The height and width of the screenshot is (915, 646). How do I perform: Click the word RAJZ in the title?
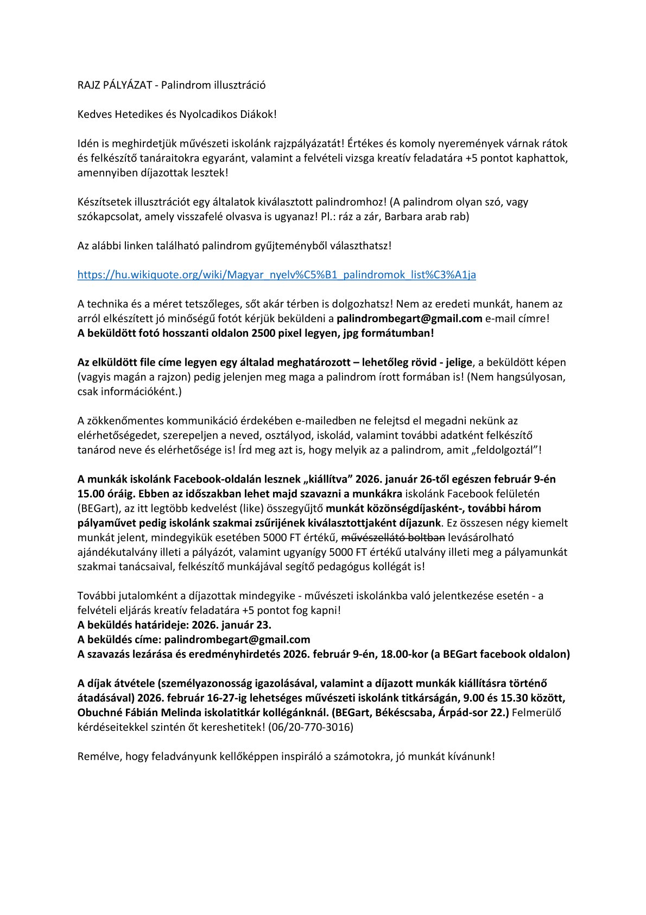pos(88,85)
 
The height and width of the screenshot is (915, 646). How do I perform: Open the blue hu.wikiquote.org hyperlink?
pos(276,274)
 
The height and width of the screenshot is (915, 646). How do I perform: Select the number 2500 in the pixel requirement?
pos(260,333)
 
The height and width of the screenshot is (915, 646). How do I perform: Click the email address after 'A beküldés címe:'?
pos(237,639)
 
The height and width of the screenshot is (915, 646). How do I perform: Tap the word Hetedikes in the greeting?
pos(126,115)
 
